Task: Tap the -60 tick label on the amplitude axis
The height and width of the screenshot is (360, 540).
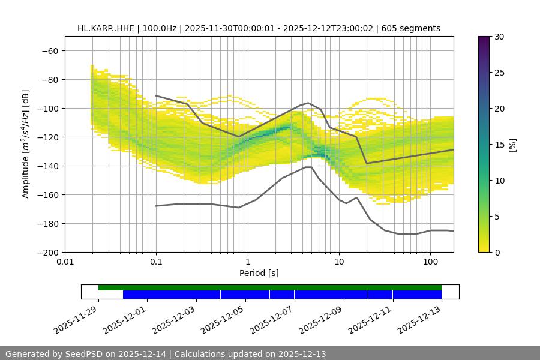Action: point(49,50)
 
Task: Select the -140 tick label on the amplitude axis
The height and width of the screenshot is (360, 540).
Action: point(47,166)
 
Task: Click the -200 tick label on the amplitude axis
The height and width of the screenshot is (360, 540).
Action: point(47,252)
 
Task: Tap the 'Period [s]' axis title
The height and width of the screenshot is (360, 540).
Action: point(259,274)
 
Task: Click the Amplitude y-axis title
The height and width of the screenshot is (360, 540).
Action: point(26,144)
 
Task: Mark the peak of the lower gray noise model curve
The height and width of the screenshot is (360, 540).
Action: point(308,167)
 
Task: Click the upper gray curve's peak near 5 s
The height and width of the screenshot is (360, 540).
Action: point(308,103)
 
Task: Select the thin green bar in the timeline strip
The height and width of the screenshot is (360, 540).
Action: point(270,287)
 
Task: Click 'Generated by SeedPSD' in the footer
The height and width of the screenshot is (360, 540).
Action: point(60,354)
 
